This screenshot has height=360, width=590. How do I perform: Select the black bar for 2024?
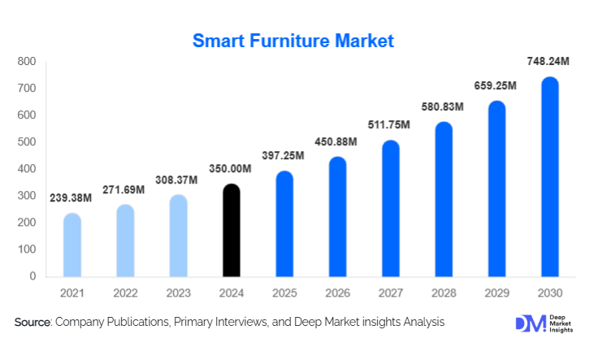[232, 231]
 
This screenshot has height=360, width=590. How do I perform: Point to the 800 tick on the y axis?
[26, 62]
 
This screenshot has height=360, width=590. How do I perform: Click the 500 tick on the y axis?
[26, 142]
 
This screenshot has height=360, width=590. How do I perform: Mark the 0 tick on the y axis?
[33, 276]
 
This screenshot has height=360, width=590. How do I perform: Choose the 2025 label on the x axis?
[284, 293]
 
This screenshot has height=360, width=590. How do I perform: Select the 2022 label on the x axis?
[125, 293]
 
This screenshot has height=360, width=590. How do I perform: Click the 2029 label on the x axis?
[497, 293]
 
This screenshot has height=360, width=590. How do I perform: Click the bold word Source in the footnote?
[33, 323]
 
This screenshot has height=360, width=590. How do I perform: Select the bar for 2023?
[179, 236]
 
